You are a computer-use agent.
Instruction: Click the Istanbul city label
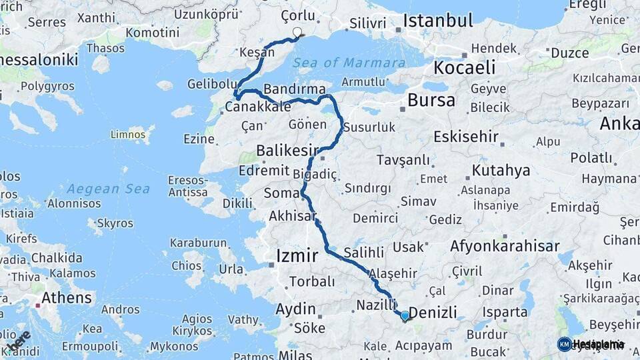point(438,19)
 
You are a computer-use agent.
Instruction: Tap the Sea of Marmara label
point(348,63)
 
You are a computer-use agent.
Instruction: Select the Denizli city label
point(432,313)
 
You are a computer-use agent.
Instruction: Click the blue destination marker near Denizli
point(404,315)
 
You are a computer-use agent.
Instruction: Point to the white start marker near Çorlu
point(297,31)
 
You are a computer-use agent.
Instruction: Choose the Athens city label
point(66,297)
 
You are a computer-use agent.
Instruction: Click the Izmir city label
point(297,255)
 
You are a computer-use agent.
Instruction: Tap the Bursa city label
point(431,101)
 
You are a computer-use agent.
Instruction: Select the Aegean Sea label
point(108,189)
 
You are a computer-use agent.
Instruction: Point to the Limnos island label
point(128,135)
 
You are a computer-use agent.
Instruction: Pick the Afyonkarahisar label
point(505,246)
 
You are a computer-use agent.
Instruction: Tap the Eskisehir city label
point(465,137)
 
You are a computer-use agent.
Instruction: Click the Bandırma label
point(294,89)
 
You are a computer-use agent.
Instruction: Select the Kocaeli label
point(465,67)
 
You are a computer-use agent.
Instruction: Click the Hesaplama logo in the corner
point(591,344)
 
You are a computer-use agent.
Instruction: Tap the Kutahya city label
point(501,170)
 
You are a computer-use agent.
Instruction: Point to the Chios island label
point(186,265)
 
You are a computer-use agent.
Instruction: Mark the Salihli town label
point(364,253)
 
